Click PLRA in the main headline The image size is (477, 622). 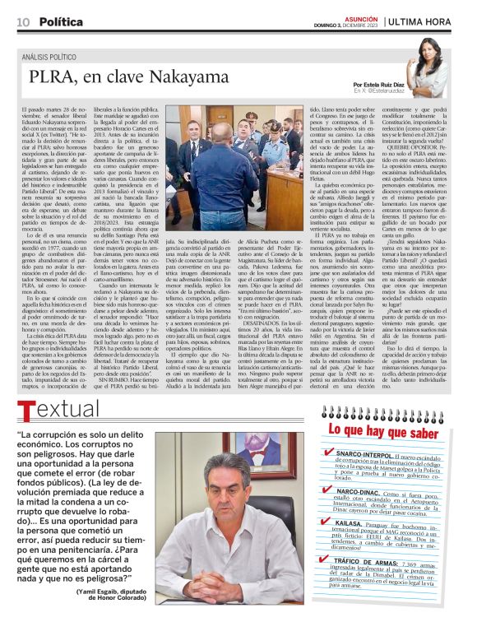(51, 78)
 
